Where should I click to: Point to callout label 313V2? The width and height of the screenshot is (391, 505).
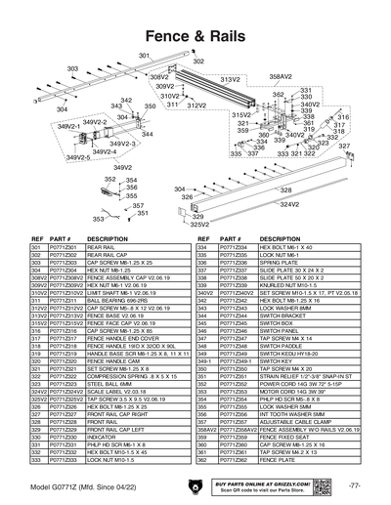[x=230, y=79]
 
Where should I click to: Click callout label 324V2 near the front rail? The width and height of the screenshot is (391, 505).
[x=289, y=205]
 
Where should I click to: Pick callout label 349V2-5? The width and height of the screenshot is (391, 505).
[x=51, y=156]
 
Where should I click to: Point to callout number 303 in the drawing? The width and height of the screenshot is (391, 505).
[x=71, y=68]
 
